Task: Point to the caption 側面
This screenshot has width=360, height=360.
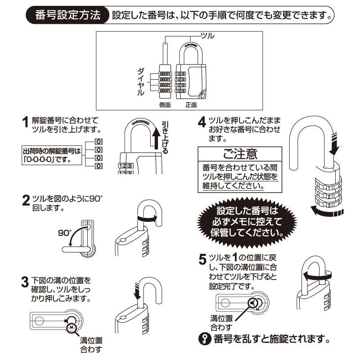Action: click(x=165, y=105)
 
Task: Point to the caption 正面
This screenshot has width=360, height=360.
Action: click(x=192, y=105)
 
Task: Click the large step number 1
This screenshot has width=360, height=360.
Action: click(x=26, y=122)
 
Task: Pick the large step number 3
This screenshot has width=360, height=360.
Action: click(x=26, y=283)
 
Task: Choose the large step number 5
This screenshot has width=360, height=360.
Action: click(x=202, y=260)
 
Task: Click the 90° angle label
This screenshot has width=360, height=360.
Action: click(x=65, y=233)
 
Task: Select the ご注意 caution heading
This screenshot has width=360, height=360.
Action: click(x=240, y=154)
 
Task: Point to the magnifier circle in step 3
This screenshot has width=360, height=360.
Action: click(x=71, y=327)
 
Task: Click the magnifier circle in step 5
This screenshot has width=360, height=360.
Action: click(x=252, y=303)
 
